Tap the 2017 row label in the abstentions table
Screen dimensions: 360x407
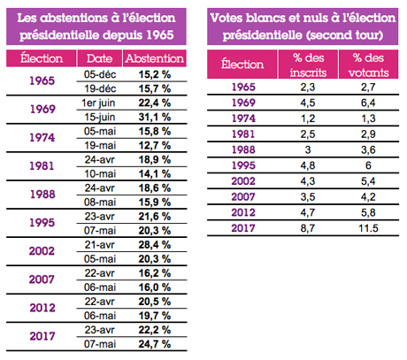click(x=42, y=335)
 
